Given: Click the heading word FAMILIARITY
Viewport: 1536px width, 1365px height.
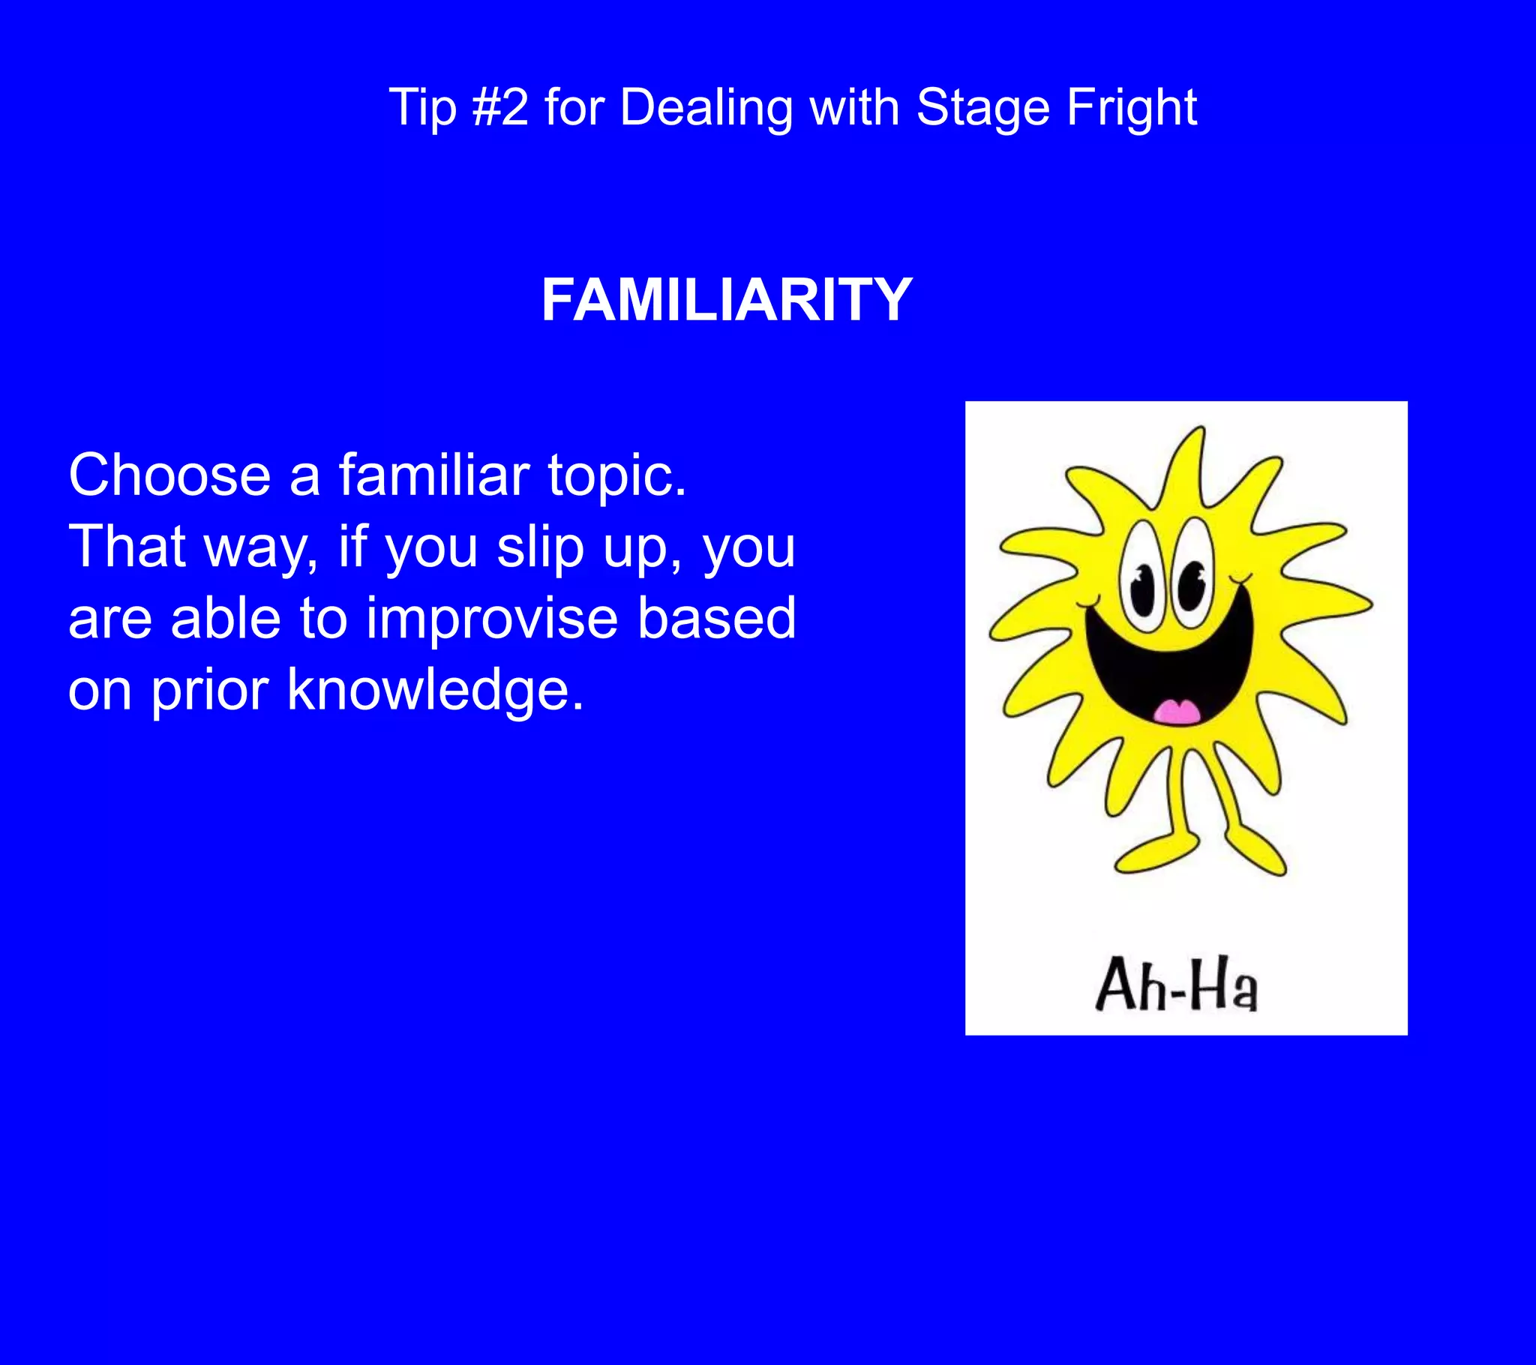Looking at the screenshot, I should (727, 300).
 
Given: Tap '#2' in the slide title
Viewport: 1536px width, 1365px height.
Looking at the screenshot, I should (500, 106).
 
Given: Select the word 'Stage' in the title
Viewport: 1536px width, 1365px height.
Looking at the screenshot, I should (983, 108).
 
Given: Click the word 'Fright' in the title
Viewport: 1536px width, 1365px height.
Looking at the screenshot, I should (1132, 108).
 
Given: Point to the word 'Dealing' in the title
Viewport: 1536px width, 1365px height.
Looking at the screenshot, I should (706, 108).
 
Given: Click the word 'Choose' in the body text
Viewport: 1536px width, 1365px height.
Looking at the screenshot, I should (169, 475).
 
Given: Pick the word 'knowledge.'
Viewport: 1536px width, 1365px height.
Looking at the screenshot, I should (435, 690).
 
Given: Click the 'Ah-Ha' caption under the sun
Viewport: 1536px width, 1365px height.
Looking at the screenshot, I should (1176, 984).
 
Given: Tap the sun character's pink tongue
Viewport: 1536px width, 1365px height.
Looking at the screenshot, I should (1177, 711).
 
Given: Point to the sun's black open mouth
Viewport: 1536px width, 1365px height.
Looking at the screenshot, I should (1169, 661).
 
